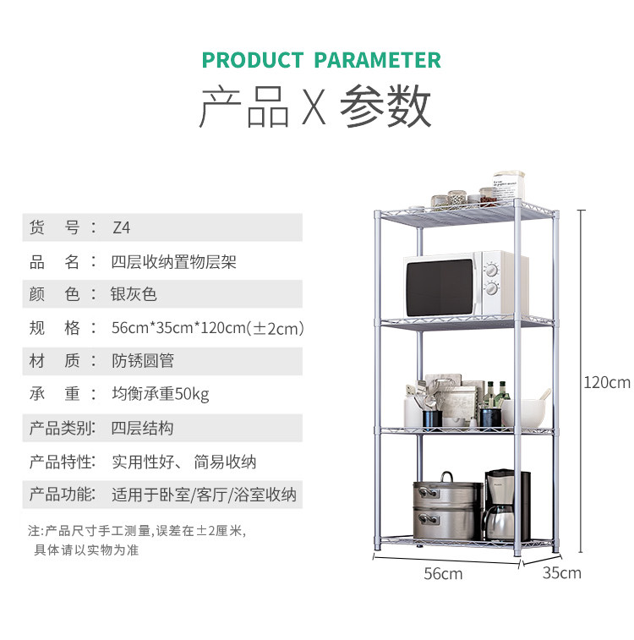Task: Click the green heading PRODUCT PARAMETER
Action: tap(321, 60)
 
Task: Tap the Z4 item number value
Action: tap(122, 227)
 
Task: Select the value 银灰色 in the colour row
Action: tap(134, 294)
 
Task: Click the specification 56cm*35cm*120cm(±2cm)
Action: tap(207, 328)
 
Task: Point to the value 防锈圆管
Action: tap(143, 361)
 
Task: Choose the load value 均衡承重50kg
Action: tap(161, 395)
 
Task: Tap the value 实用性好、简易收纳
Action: tap(184, 462)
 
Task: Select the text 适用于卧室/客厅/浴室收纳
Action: tap(204, 495)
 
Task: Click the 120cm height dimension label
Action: tap(607, 382)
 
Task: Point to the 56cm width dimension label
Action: tap(443, 574)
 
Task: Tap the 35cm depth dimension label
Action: tap(561, 573)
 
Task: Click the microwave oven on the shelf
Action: tap(465, 284)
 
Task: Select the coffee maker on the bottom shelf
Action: tap(505, 505)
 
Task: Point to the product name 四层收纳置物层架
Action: tap(174, 261)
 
